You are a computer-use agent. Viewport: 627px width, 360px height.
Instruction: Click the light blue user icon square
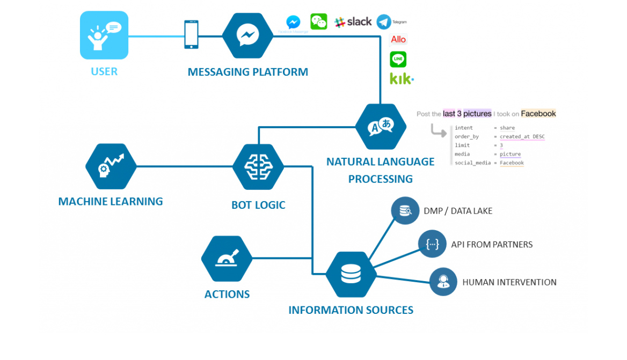click(x=104, y=35)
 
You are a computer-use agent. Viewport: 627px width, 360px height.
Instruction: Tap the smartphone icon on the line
click(x=191, y=34)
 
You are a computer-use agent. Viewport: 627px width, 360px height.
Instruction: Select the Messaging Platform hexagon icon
click(x=247, y=35)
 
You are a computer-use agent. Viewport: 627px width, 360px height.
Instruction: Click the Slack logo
click(x=353, y=22)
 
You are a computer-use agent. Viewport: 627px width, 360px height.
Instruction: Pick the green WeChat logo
click(x=318, y=21)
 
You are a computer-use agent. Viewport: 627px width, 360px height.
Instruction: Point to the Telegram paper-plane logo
click(x=384, y=21)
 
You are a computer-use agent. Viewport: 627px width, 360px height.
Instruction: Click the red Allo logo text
click(x=398, y=39)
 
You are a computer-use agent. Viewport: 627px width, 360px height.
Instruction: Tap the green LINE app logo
click(x=398, y=59)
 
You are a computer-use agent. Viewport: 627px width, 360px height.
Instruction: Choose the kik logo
click(x=401, y=79)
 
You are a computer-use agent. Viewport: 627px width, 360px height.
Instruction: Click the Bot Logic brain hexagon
click(x=258, y=167)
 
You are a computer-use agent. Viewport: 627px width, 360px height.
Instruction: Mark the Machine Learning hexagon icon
click(x=111, y=166)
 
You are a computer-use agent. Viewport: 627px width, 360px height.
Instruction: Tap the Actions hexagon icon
click(x=227, y=259)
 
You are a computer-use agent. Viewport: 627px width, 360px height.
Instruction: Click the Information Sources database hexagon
click(x=351, y=274)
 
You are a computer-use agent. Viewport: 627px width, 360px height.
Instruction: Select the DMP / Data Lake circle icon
click(x=404, y=210)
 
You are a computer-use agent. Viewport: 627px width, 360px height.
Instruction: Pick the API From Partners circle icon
click(x=432, y=244)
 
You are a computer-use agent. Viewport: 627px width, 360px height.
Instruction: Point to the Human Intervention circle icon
click(x=443, y=282)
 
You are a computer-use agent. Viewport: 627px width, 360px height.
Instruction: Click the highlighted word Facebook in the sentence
click(x=538, y=114)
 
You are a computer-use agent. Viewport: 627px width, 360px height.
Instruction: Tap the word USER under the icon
click(x=104, y=71)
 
